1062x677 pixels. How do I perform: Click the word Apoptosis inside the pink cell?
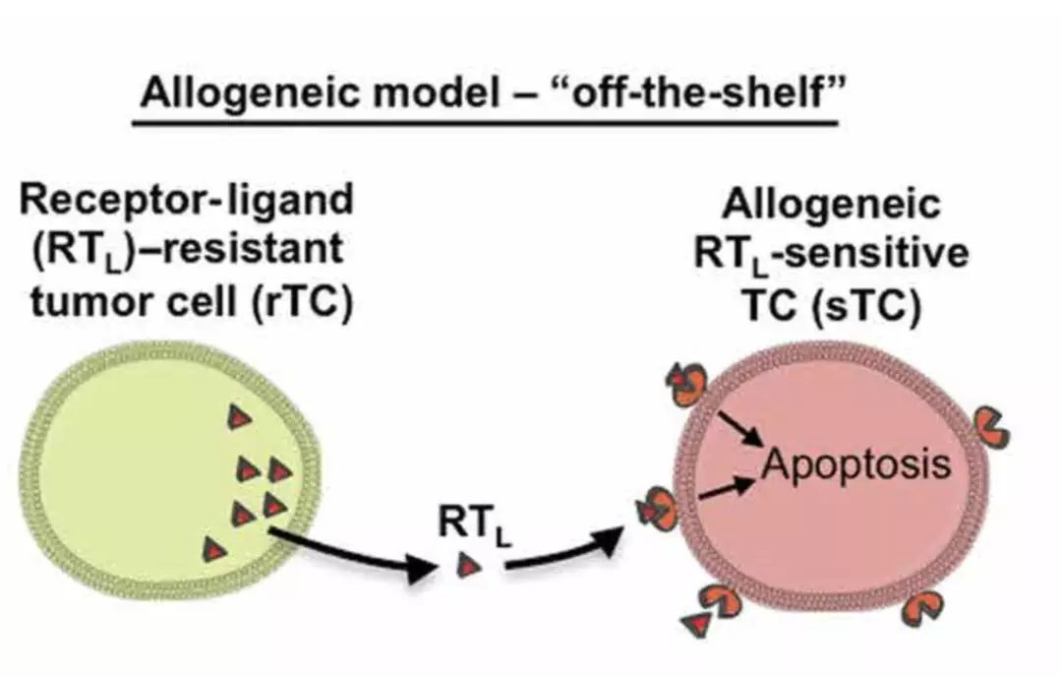point(856,462)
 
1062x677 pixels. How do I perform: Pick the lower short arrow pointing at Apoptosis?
point(733,485)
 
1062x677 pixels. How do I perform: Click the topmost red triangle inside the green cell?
point(236,418)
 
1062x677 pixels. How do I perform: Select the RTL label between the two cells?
point(477,527)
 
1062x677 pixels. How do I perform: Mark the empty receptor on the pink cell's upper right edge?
point(992,423)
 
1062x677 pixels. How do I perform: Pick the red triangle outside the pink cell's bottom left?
point(697,623)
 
